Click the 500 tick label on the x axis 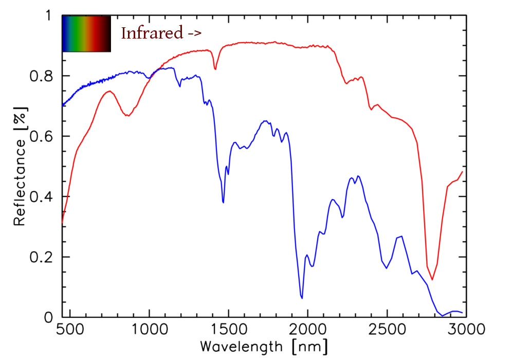pyautogui.click(x=69, y=329)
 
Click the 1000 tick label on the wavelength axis pyautogui.click(x=149, y=329)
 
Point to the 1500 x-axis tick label pyautogui.click(x=228, y=329)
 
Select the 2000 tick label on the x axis pyautogui.click(x=307, y=329)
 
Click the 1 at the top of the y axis pyautogui.click(x=49, y=15)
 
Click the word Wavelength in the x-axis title pyautogui.click(x=241, y=345)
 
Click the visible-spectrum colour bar pyautogui.click(x=86, y=34)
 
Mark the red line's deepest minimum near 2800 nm pyautogui.click(x=432, y=280)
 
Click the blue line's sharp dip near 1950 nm pyautogui.click(x=302, y=298)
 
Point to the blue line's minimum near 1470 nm pyautogui.click(x=223, y=202)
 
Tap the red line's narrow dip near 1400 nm pyautogui.click(x=215, y=69)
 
